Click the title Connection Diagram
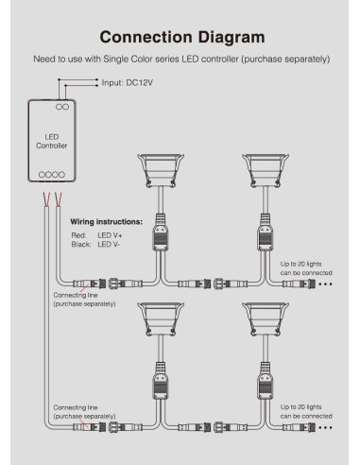click(180, 39)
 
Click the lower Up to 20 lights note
click(305, 411)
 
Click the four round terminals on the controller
click(52, 175)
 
